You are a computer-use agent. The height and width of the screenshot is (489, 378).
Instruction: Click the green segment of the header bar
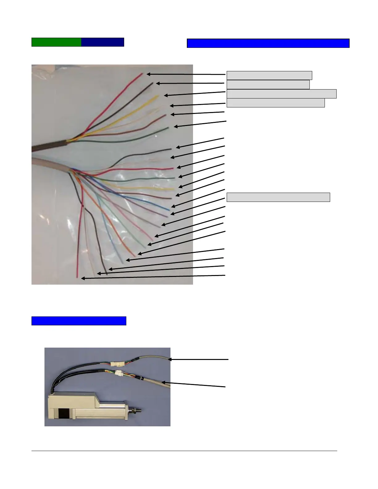point(57,42)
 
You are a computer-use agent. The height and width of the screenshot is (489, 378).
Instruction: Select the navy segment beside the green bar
point(103,42)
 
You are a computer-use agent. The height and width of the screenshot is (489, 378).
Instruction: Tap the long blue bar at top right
point(268,44)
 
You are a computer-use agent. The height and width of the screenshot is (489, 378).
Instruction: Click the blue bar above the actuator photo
point(79,321)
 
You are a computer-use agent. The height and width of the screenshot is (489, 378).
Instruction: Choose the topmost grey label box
point(269,75)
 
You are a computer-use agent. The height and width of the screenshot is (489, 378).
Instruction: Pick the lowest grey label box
point(278,197)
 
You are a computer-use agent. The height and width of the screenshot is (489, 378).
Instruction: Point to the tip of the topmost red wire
point(142,74)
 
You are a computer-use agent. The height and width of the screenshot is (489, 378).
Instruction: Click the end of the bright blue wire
point(169,210)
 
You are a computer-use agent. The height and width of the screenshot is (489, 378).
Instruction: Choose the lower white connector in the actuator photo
point(119,373)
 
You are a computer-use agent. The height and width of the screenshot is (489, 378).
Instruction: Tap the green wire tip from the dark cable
point(167,128)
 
